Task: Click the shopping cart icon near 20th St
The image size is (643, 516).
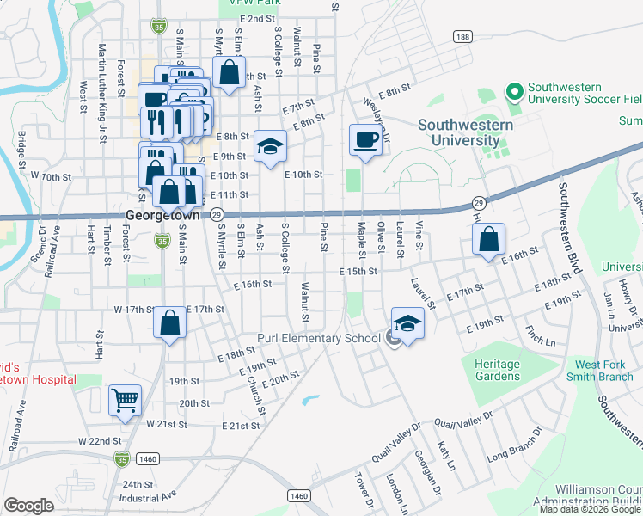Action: [x=125, y=401]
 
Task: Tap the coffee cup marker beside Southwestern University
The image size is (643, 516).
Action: [x=365, y=138]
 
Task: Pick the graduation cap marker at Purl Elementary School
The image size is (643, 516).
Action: [x=408, y=324]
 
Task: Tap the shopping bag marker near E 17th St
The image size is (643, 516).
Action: [x=170, y=323]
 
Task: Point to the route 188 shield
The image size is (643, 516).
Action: [x=463, y=37]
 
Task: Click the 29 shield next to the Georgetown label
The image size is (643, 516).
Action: [x=217, y=215]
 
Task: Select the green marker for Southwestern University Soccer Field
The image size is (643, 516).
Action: [x=515, y=90]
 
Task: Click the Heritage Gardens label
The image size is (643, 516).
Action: [x=497, y=370]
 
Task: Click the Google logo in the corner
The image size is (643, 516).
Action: [x=28, y=506]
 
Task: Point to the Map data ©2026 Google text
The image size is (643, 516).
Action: [x=590, y=509]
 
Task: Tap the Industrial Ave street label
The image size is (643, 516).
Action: [x=147, y=495]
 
